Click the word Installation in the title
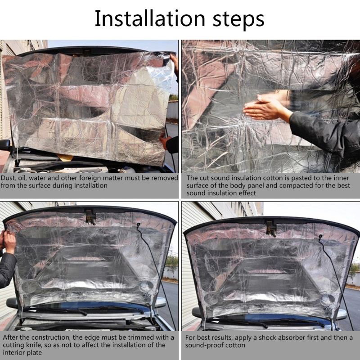[x=150, y=18]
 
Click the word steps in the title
[x=238, y=20]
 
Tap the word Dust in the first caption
[x=8, y=178]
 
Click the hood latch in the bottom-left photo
[x=91, y=216]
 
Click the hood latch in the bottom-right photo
[x=271, y=228]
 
